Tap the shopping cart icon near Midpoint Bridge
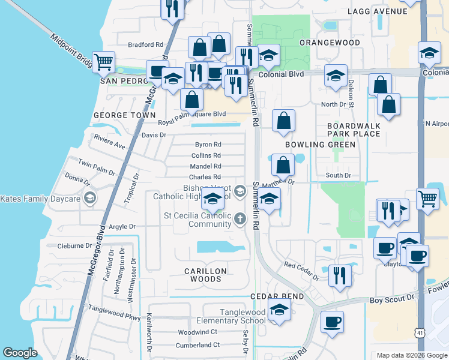(103, 61)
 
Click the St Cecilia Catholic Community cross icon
(240, 218)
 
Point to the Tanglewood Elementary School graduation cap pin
(279, 310)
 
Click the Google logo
(20, 353)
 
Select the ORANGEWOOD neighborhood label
(330, 43)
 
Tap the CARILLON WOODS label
(206, 275)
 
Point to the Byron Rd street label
(208, 145)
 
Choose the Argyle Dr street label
(123, 227)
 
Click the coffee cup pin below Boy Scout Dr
(332, 322)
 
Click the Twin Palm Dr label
(97, 168)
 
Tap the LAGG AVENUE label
(381, 11)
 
